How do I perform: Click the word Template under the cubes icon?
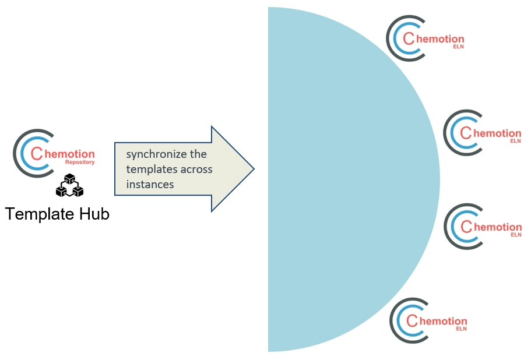click(x=40, y=214)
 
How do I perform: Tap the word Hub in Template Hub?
click(x=93, y=214)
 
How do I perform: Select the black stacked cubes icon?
click(x=70, y=186)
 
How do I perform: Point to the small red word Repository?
click(x=80, y=163)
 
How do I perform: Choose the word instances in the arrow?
click(x=150, y=185)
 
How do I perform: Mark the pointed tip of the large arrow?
click(x=253, y=169)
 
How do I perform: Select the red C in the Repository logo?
click(x=36, y=154)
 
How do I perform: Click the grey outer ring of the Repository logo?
click(x=16, y=153)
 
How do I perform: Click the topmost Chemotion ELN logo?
click(x=425, y=40)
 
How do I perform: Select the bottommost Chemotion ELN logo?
click(x=428, y=321)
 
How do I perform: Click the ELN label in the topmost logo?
click(x=458, y=47)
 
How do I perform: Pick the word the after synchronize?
click(x=199, y=154)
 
